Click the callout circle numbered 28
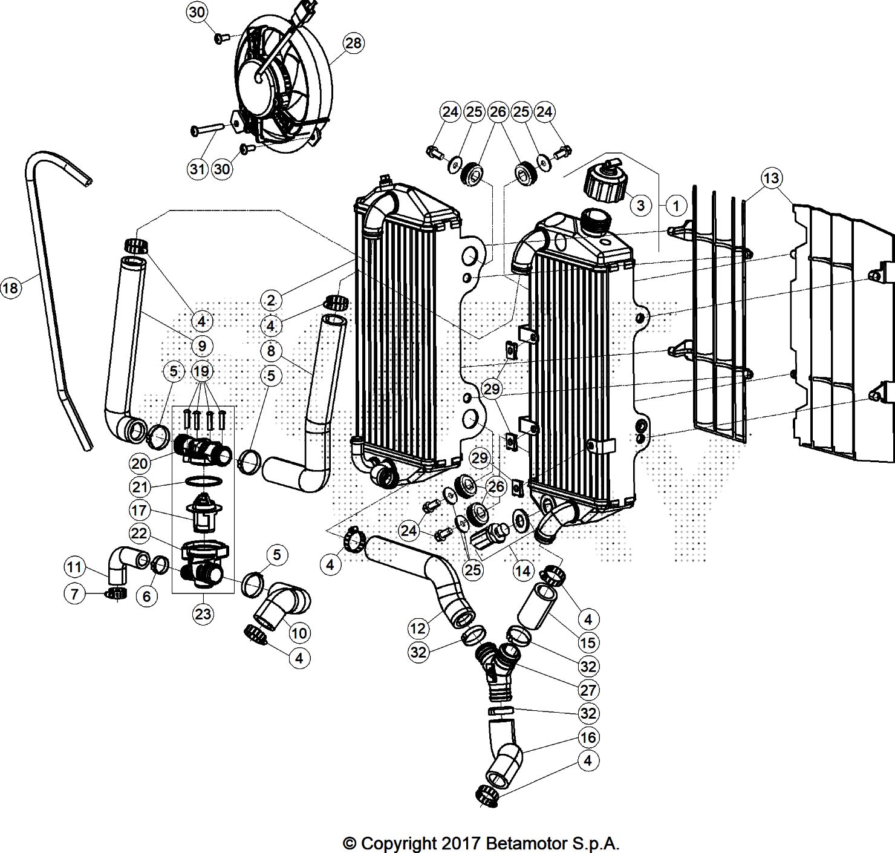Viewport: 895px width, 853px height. [x=354, y=43]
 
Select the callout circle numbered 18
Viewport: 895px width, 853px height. [x=10, y=288]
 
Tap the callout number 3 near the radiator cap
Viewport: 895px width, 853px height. [x=641, y=205]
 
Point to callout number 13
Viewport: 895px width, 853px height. [x=771, y=178]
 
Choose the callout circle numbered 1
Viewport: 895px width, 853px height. [x=676, y=206]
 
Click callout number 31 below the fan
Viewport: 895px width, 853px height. [x=198, y=169]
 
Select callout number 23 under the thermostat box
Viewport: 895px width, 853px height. [x=203, y=614]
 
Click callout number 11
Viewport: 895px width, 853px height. [x=74, y=567]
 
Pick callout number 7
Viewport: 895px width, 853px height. [x=74, y=593]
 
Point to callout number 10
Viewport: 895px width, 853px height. [x=299, y=633]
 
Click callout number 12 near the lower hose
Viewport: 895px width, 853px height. [x=418, y=629]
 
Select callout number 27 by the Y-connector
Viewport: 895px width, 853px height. [x=588, y=690]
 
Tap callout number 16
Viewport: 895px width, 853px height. [x=588, y=737]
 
